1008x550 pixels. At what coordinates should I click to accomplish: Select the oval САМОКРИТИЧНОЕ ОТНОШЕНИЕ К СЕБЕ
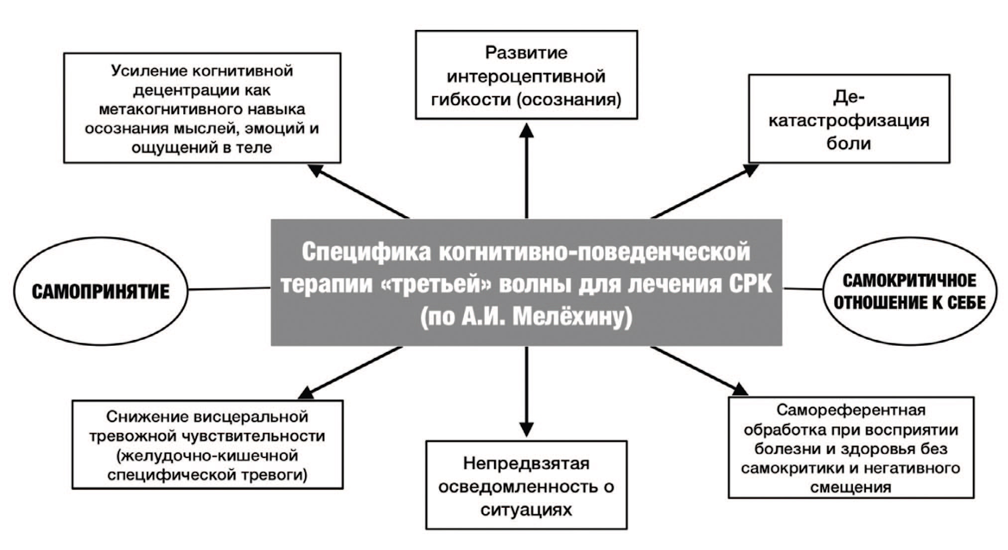(909, 291)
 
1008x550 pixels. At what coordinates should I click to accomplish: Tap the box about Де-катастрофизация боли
(849, 119)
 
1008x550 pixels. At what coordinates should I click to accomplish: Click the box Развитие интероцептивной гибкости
(526, 75)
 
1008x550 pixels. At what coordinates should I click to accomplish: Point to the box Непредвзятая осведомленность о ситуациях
(526, 485)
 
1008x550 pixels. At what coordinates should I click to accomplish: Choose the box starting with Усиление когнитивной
(202, 108)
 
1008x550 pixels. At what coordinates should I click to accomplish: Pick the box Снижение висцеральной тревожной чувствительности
(207, 444)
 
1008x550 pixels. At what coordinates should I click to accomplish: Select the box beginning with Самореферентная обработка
(851, 447)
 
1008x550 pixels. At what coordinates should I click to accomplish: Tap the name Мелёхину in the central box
(572, 317)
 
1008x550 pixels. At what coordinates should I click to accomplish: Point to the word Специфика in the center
(366, 252)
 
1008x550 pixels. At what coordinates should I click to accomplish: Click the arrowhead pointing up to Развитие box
(526, 131)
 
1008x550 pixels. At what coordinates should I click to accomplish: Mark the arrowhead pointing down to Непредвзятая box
(526, 429)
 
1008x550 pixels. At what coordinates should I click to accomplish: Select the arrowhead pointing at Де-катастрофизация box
(750, 169)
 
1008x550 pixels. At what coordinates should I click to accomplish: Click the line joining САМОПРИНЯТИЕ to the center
(229, 288)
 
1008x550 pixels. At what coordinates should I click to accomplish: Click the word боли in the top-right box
(849, 143)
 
